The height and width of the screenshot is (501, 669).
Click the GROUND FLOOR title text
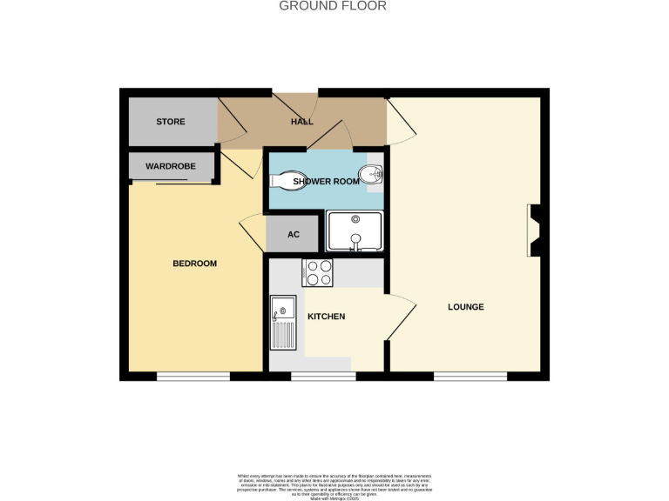pyautogui.click(x=333, y=6)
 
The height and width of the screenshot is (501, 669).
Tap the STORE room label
pyautogui.click(x=171, y=122)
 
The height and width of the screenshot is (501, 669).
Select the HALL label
pyautogui.click(x=301, y=122)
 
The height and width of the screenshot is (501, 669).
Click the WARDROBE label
pyautogui.click(x=170, y=166)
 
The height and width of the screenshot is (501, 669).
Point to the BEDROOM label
pyautogui.click(x=194, y=264)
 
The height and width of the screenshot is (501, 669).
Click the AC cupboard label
pyautogui.click(x=294, y=235)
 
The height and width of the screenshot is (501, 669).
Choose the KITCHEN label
pyautogui.click(x=327, y=316)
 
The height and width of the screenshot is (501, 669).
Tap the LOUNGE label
pyautogui.click(x=466, y=307)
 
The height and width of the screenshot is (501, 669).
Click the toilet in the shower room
pyautogui.click(x=284, y=180)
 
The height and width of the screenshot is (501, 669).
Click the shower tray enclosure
pyautogui.click(x=355, y=232)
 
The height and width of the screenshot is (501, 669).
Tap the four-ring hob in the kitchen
pyautogui.click(x=316, y=273)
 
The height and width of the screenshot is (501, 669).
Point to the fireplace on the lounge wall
pyautogui.click(x=535, y=230)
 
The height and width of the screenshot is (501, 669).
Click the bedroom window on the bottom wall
pyautogui.click(x=193, y=377)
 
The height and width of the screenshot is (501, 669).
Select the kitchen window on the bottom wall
pyautogui.click(x=323, y=377)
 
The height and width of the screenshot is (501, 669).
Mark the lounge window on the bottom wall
pyautogui.click(x=470, y=377)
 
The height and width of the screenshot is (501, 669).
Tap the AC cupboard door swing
pyautogui.click(x=251, y=230)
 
